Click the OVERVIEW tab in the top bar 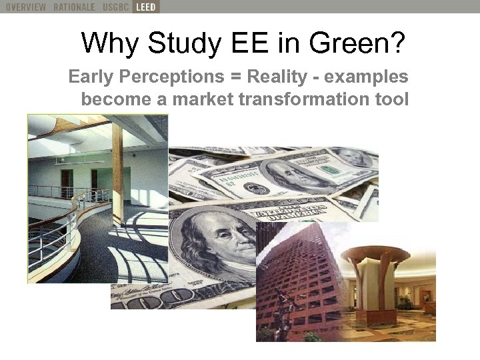point(25,7)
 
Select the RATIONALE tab point(75,7)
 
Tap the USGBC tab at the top point(115,7)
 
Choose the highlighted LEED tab point(146,7)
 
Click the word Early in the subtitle point(91,77)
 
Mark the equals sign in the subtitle point(236,77)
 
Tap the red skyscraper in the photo point(293,280)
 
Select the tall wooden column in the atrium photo point(118,173)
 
